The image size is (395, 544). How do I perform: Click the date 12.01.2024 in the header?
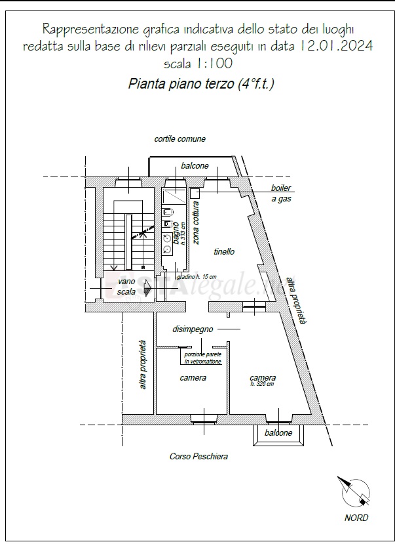(x=337, y=46)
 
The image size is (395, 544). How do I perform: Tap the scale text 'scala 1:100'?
(x=198, y=64)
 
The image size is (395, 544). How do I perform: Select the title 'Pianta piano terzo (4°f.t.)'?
(x=201, y=85)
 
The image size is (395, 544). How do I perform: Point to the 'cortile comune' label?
(x=180, y=139)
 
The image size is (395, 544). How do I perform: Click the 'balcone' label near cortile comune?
(x=195, y=166)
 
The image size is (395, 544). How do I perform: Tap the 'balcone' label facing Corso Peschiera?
(x=278, y=434)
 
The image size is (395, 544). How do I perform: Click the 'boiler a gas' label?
(x=282, y=193)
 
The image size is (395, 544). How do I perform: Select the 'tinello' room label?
(x=224, y=251)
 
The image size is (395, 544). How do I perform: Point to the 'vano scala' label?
(x=126, y=286)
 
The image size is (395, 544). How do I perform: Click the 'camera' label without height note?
(x=193, y=378)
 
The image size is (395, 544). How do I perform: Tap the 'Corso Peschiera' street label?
(x=198, y=457)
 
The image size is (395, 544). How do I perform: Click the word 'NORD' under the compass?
(x=356, y=518)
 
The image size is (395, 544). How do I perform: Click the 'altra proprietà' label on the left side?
(x=143, y=364)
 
